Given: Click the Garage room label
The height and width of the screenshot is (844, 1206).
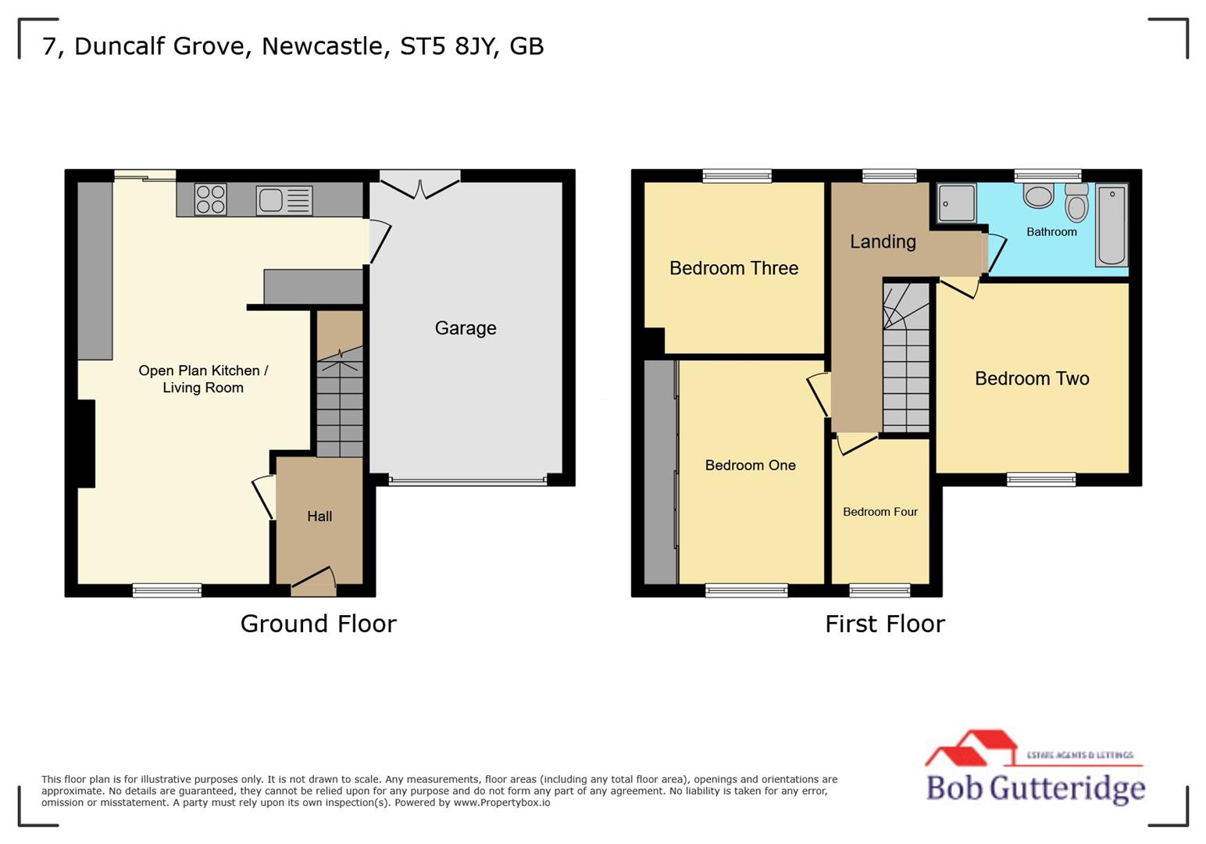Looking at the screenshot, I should click(x=466, y=328).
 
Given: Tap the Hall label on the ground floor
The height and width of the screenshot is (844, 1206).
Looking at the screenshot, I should click(x=319, y=517).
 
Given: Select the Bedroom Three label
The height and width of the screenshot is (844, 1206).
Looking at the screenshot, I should click(x=733, y=268).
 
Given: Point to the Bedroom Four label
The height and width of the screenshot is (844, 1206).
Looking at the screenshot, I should click(x=880, y=512).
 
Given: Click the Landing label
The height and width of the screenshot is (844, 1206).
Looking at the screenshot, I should click(x=883, y=241).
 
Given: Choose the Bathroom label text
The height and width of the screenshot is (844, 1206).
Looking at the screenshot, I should click(x=1051, y=232).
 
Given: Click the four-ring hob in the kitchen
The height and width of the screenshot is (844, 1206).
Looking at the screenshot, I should click(x=210, y=199).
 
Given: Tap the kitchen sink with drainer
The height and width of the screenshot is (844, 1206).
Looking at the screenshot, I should click(x=285, y=200).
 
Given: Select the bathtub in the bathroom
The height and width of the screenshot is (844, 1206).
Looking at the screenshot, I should click(x=1111, y=225).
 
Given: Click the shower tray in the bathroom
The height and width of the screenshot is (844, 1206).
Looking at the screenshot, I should click(x=956, y=203).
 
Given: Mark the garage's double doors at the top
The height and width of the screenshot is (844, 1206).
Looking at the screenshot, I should click(x=419, y=188).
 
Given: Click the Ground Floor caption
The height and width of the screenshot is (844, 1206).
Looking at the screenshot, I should click(x=318, y=624).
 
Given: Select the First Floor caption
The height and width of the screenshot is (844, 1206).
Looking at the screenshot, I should click(x=885, y=624).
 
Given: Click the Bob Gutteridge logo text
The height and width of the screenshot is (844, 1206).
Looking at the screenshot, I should click(x=1035, y=787).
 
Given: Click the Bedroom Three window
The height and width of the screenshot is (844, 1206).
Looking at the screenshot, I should click(x=737, y=176).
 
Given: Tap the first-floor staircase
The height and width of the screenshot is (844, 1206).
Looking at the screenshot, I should click(x=906, y=359).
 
